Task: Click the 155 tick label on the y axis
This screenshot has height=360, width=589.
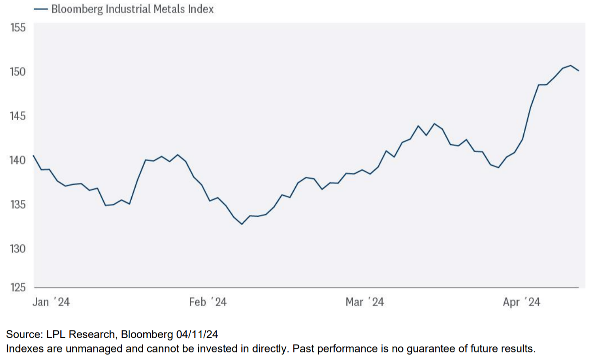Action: [x=18, y=28]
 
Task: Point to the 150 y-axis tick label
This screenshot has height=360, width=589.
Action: [x=18, y=71]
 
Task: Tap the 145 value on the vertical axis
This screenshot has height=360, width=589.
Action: [x=18, y=116]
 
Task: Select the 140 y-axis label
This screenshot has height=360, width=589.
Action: [x=18, y=160]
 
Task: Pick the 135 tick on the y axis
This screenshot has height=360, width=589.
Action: [x=18, y=205]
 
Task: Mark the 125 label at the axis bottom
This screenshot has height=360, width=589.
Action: [x=18, y=288]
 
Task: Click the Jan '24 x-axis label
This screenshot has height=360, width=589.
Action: [x=51, y=302]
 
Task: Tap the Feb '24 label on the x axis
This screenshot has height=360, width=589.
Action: [x=208, y=302]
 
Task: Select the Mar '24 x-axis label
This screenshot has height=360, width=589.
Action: [x=365, y=302]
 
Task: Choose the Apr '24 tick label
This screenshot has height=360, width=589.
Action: [x=522, y=302]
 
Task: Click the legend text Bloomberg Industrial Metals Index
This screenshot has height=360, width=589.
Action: [x=133, y=9]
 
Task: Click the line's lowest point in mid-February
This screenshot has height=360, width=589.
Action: [x=242, y=224]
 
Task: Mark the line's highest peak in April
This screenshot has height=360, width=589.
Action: [x=571, y=65]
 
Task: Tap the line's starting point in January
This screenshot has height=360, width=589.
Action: [x=34, y=155]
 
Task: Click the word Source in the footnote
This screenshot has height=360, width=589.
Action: [x=20, y=334]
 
